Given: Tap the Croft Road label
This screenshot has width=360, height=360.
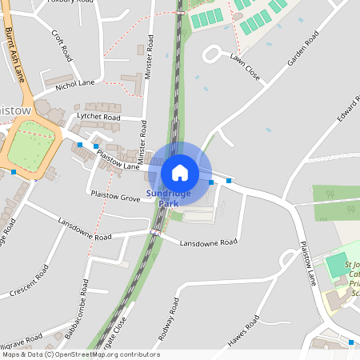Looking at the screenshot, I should coord(62,47).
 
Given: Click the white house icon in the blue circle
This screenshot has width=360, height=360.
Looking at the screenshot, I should coord(180,172).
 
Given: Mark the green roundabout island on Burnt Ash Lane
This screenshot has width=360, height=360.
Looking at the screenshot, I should coord(32,146).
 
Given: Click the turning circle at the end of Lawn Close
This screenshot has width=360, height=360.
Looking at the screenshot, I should coord(213,54).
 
